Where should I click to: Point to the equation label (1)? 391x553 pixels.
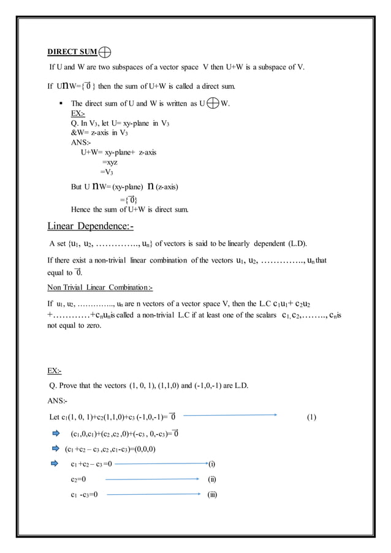pyautogui.click(x=311, y=418)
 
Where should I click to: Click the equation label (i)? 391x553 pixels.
pyautogui.click(x=212, y=464)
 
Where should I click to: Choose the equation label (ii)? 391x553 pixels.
pyautogui.click(x=212, y=479)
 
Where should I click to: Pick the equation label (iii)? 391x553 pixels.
pyautogui.click(x=213, y=494)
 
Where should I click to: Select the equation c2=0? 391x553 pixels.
pyautogui.click(x=78, y=479)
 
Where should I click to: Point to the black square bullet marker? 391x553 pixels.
pyautogui.click(x=63, y=104)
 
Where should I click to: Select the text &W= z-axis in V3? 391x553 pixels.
pyautogui.click(x=99, y=132)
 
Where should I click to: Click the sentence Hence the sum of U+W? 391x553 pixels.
pyautogui.click(x=130, y=209)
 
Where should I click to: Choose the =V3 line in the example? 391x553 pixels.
pyautogui.click(x=107, y=172)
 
